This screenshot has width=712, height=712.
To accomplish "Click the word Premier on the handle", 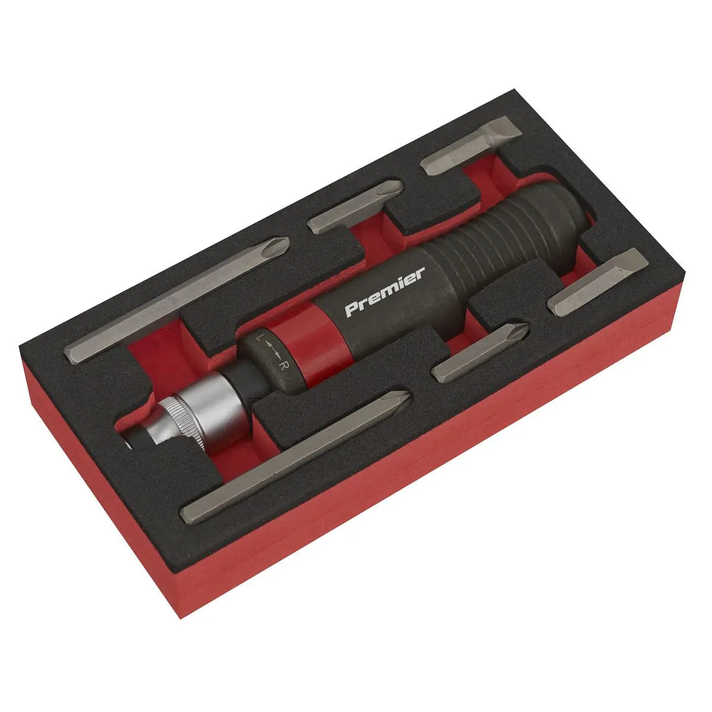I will [x=384, y=292].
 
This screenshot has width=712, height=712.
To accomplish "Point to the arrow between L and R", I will [x=271, y=352].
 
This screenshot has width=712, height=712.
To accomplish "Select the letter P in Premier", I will [x=351, y=310].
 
